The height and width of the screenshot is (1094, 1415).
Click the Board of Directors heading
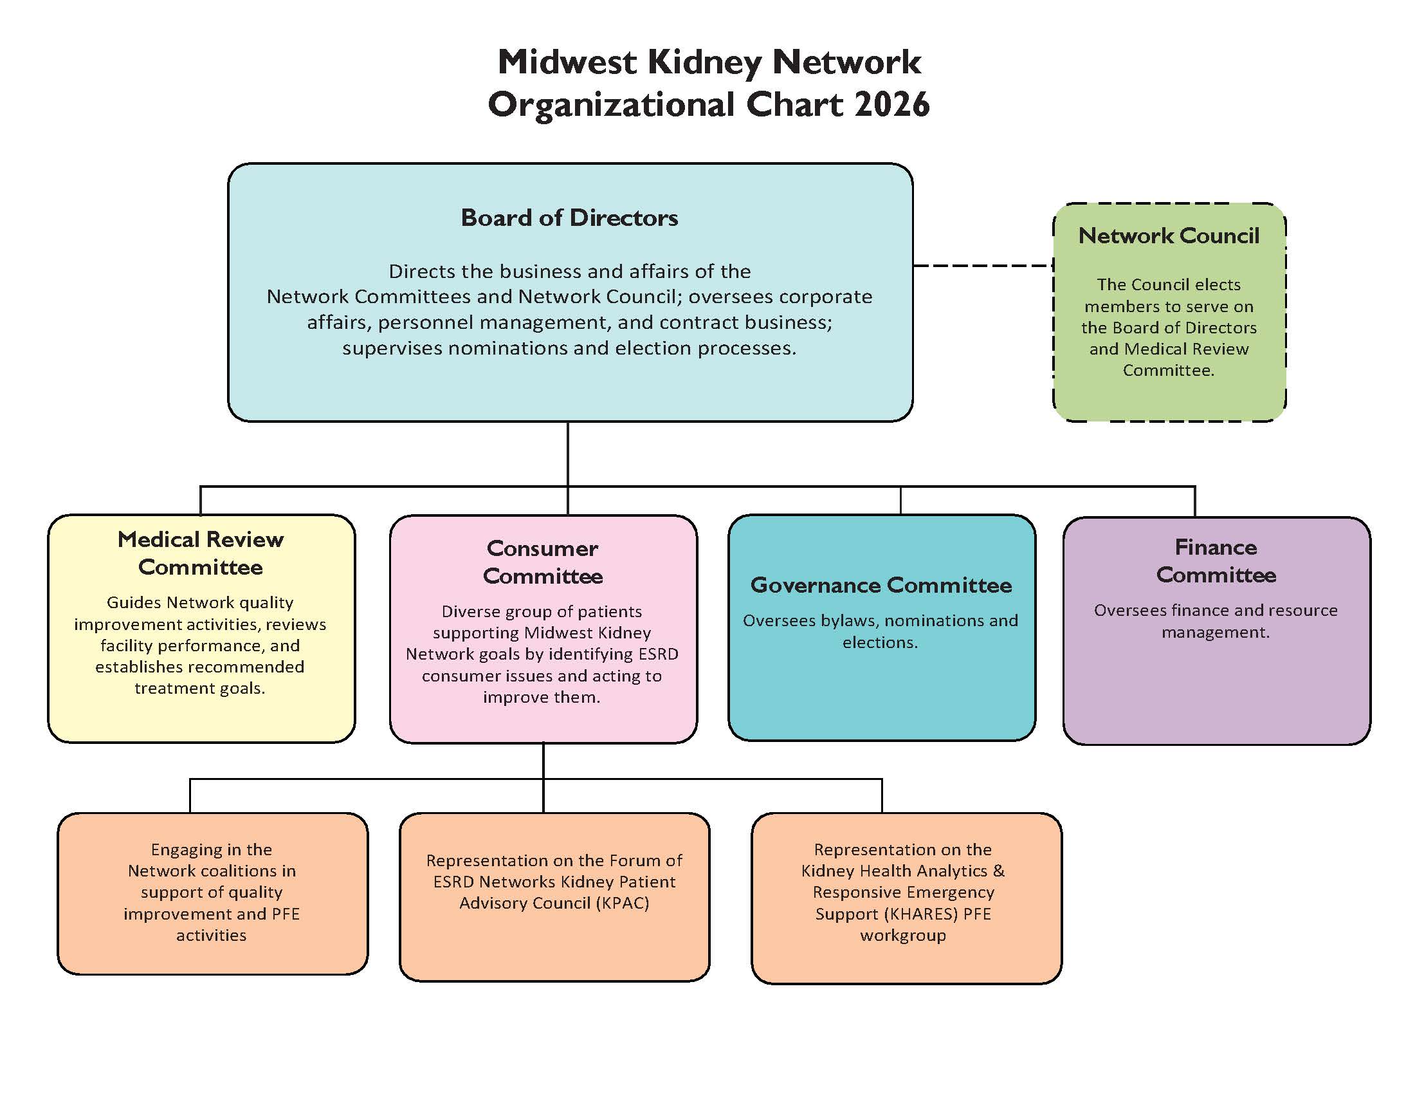coord(569,218)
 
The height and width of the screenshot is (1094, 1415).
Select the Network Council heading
coord(1169,236)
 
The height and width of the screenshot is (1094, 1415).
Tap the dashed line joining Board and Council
coord(982,265)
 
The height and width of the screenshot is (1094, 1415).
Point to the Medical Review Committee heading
coord(200,553)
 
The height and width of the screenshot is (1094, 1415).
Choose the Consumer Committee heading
coord(543,562)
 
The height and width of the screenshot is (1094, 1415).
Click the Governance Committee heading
coord(881,585)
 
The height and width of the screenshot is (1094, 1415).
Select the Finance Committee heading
coord(1216,561)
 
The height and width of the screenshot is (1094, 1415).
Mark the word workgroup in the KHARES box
coord(902,935)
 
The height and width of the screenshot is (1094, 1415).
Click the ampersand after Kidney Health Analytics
coord(998,871)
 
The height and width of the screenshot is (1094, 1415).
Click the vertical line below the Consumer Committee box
coord(543,761)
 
